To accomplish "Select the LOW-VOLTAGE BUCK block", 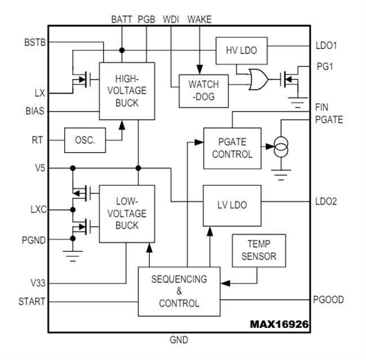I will pyautogui.click(x=127, y=214).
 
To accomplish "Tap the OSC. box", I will pyautogui.click(x=85, y=140).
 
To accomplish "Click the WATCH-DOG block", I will pyautogui.click(x=203, y=90).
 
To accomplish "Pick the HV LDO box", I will pyautogui.click(x=241, y=50).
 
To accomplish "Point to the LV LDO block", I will pyautogui.click(x=232, y=205).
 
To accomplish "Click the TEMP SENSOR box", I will pyautogui.click(x=258, y=250).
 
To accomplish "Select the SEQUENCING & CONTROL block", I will pyautogui.click(x=179, y=291).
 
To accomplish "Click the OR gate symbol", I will pyautogui.click(x=258, y=80).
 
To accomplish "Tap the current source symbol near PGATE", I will pyautogui.click(x=280, y=149).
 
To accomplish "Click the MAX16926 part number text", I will pyautogui.click(x=279, y=325).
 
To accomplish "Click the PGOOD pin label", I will pyautogui.click(x=329, y=300).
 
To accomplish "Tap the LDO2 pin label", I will pyautogui.click(x=327, y=201).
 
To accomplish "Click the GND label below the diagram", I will pyautogui.click(x=179, y=340).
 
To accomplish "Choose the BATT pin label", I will pyautogui.click(x=122, y=19).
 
